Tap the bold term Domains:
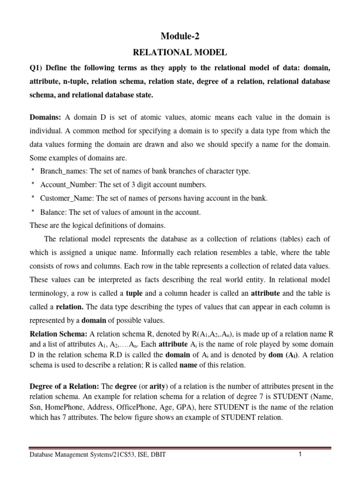tap(45, 117)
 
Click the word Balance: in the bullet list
tap(54, 212)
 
